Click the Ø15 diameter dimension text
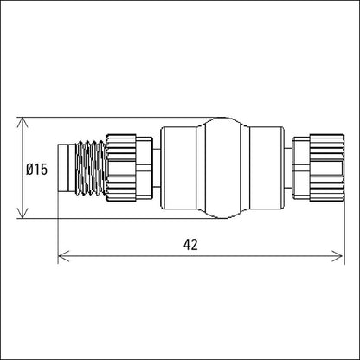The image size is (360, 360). (x=36, y=170)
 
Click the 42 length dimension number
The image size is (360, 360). (x=190, y=245)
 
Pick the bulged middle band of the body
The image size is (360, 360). (x=222, y=168)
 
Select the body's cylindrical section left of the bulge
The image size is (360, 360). (x=182, y=168)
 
